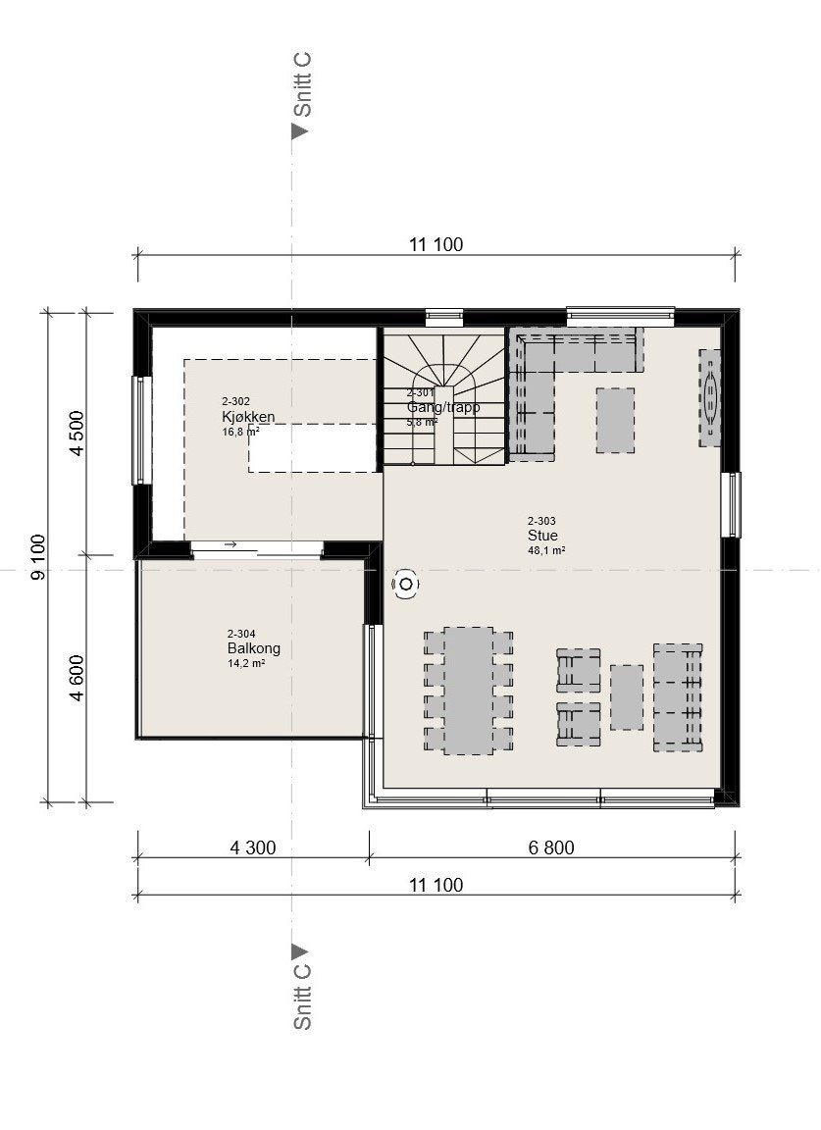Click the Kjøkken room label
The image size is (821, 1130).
click(247, 417)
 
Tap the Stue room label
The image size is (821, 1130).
click(542, 536)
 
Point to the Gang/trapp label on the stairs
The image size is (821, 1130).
click(443, 407)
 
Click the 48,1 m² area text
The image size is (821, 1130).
click(545, 550)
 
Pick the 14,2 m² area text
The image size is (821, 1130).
click(245, 663)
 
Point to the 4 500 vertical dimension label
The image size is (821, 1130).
click(77, 433)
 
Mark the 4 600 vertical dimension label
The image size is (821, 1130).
click(77, 678)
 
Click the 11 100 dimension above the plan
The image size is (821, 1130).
click(436, 245)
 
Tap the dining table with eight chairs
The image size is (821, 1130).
click(468, 691)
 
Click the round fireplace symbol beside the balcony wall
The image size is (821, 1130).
click(404, 585)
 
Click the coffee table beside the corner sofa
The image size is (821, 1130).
click(615, 420)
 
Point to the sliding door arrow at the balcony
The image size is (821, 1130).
click(231, 544)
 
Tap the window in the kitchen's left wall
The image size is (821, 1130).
click(139, 430)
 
